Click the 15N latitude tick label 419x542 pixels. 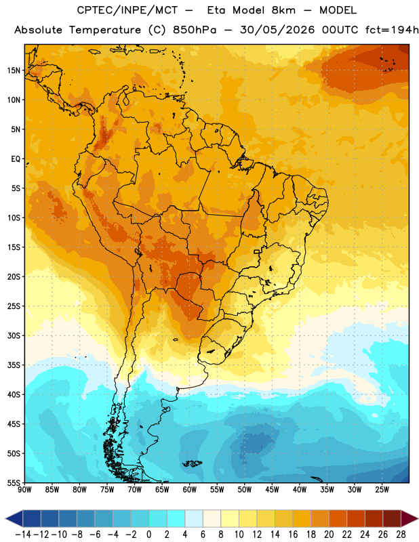(14, 70)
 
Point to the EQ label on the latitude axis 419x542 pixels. (16, 159)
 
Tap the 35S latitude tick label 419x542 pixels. (14, 365)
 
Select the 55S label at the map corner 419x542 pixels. (14, 482)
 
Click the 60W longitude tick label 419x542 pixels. (190, 490)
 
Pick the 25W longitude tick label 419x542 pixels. (382, 490)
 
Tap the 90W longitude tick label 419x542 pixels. (24, 490)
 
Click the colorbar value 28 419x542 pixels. (401, 535)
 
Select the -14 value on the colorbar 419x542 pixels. (23, 535)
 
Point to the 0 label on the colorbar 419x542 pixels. (148, 535)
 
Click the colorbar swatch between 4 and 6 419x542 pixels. (194, 518)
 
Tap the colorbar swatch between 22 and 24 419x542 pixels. (356, 518)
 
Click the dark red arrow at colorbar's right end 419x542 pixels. (409, 518)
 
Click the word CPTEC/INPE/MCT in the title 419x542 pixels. (127, 10)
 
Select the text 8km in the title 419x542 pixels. (283, 10)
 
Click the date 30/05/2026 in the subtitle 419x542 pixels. (277, 30)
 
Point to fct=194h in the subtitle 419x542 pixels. (392, 30)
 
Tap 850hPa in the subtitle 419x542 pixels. (195, 30)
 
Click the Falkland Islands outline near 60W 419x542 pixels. (192, 463)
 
